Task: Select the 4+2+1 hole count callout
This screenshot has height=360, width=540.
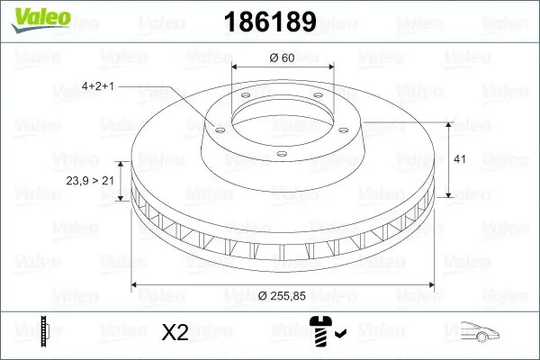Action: [x=96, y=86]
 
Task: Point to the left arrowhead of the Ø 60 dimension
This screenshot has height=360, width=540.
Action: [x=236, y=68]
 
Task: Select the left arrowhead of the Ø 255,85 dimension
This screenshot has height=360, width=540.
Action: [x=135, y=286]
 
